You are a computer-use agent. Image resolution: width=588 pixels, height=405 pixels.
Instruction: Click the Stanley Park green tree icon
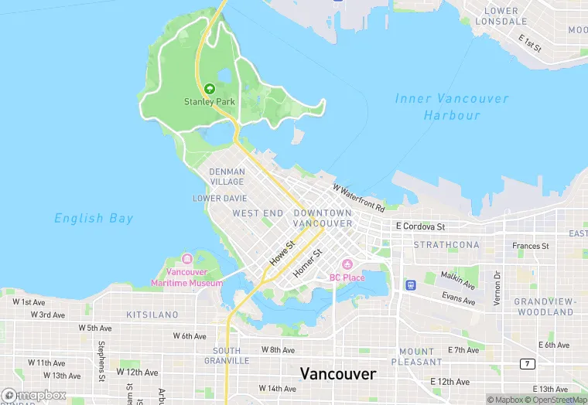[210, 88]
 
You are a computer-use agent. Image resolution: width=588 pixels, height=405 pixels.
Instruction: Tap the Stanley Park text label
[210, 101]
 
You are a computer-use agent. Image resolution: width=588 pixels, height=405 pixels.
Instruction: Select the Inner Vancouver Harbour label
[452, 107]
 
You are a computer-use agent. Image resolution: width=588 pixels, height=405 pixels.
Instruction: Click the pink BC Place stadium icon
[347, 265]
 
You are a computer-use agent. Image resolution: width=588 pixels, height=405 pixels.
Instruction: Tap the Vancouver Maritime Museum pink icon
[186, 259]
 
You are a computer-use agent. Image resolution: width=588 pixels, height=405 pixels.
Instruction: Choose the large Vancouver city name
[338, 374]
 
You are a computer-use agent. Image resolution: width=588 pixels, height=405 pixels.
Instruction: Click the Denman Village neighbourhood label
[227, 177]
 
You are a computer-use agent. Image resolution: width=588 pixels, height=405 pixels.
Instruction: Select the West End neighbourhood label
[258, 213]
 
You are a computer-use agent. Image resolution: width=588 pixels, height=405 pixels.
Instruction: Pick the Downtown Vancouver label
[323, 218]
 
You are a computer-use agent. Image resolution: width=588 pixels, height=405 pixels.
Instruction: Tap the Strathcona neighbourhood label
[446, 245]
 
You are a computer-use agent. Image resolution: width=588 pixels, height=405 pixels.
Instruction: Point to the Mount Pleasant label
[417, 356]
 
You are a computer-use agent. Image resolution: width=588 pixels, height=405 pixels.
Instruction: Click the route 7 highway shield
[528, 363]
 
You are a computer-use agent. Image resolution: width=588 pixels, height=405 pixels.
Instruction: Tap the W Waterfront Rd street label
[359, 198]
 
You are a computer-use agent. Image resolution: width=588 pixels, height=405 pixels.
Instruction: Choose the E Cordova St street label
[420, 226]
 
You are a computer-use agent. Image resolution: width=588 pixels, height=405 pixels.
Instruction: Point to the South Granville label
[232, 356]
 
